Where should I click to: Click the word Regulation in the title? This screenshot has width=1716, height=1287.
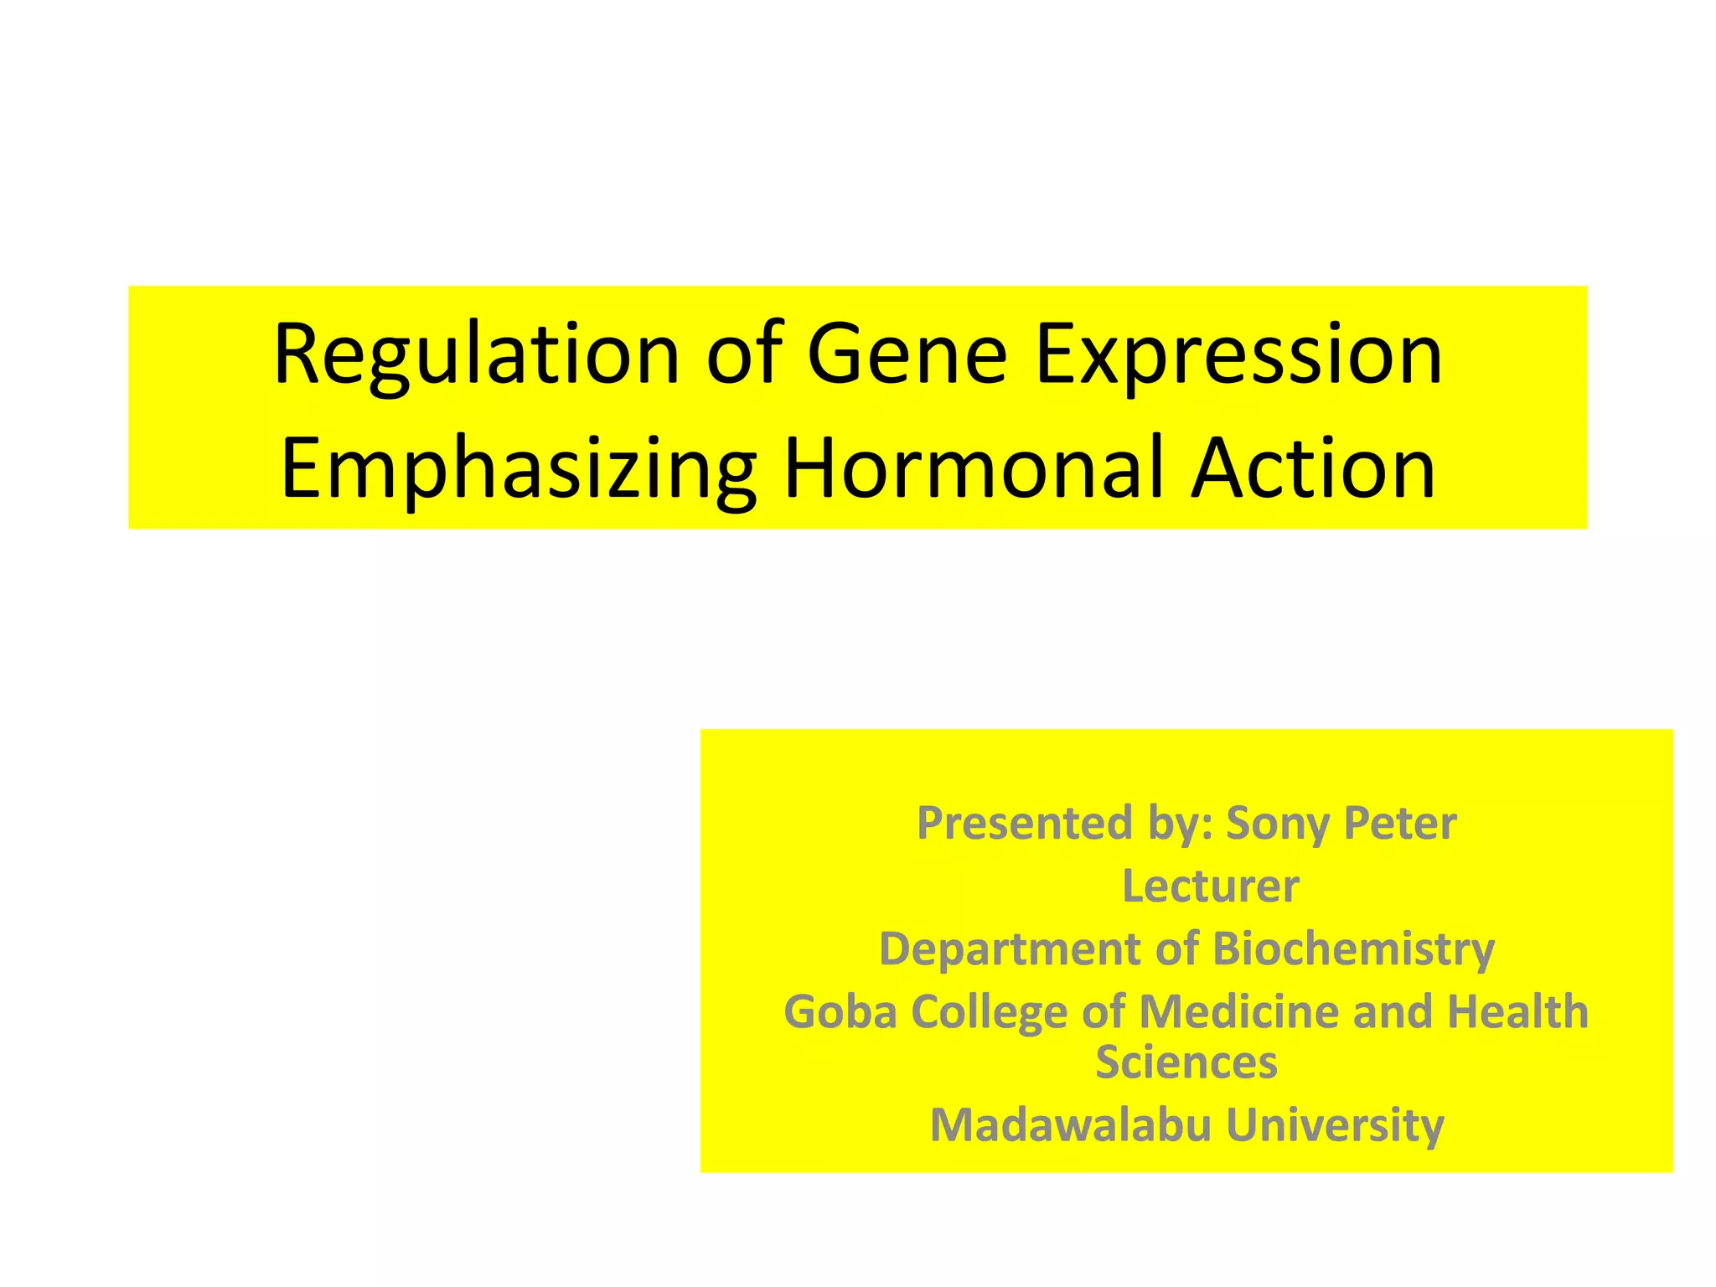pos(476,355)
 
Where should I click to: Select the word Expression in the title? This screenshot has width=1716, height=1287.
pos(1239,355)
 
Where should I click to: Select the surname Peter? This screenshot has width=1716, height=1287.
pos(1400,824)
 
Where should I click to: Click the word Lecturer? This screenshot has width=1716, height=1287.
pos(1211,886)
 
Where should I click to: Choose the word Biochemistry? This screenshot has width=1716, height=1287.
pos(1353,949)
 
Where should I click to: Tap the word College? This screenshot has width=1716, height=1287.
pos(989,1012)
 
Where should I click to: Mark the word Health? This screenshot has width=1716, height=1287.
pos(1517,1012)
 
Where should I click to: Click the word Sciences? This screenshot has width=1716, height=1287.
pos(1186,1062)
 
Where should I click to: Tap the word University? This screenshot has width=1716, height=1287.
pos(1335,1125)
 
